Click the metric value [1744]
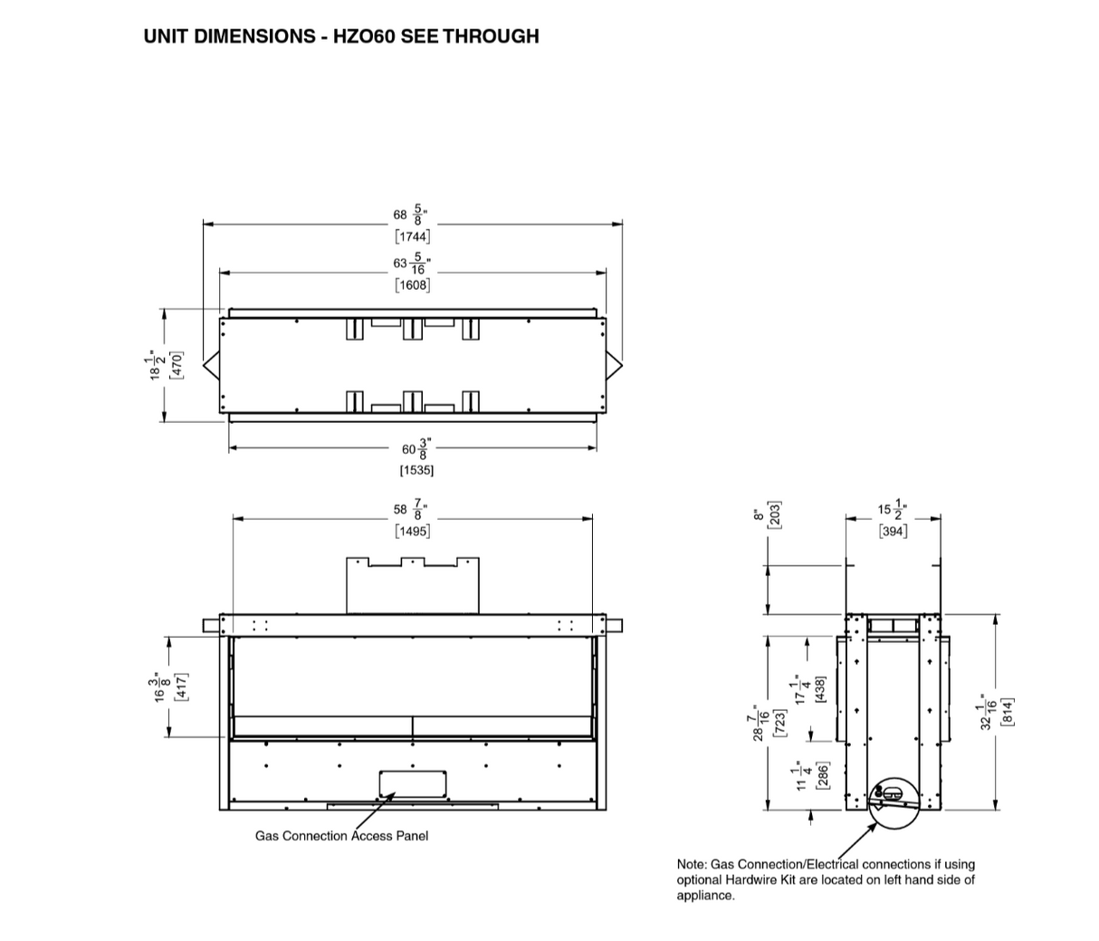point(413,236)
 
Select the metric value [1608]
point(413,284)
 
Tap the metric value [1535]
point(416,470)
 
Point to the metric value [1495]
point(413,531)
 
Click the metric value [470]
point(177,365)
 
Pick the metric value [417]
point(181,687)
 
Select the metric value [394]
point(893,532)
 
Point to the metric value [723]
point(778,723)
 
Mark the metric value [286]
point(821,776)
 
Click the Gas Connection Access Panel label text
point(341,836)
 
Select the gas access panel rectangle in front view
point(413,784)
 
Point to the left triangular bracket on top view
point(211,365)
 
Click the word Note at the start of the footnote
point(691,865)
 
